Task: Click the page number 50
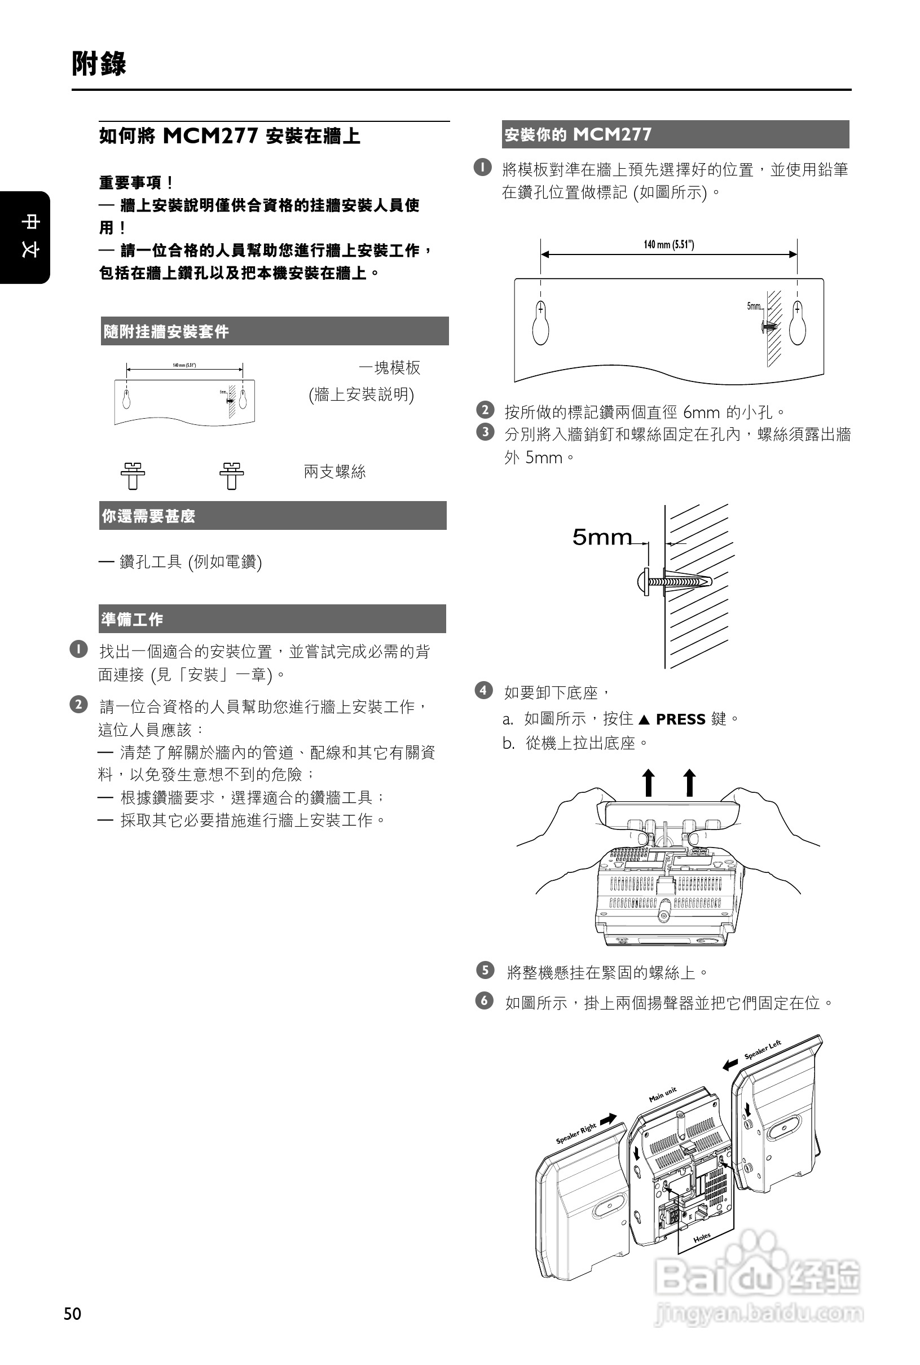point(73,1313)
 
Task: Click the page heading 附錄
point(99,63)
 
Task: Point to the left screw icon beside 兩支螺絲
point(133,475)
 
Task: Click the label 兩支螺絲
point(334,472)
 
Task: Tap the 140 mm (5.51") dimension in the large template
point(668,245)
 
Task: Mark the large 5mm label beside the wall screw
point(602,537)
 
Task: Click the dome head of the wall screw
point(642,582)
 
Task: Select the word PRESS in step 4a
point(681,719)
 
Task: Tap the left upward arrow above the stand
point(648,783)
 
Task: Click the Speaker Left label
point(763,1050)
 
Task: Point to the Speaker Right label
point(576,1134)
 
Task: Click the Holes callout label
point(702,1237)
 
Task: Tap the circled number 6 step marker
point(484,1000)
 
